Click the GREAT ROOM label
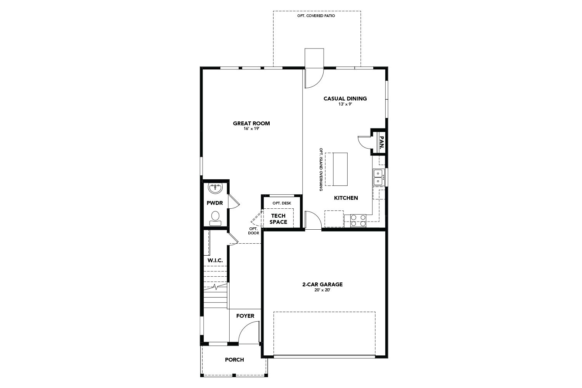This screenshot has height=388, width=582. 251,123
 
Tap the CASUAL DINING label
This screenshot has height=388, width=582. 345,99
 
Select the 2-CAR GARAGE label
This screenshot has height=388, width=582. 322,284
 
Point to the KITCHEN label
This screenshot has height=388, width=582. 346,198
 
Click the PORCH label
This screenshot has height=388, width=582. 234,360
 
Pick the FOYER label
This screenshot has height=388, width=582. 245,316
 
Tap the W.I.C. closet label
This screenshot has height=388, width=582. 215,260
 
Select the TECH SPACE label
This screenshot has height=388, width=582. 278,219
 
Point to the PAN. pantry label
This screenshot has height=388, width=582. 381,143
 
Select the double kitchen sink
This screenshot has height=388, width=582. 378,177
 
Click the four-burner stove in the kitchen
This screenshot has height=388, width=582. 358,220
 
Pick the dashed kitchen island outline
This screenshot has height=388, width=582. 336,169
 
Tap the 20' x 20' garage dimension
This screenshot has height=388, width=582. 322,290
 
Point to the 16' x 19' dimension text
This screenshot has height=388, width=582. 251,128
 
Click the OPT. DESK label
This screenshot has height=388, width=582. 281,203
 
